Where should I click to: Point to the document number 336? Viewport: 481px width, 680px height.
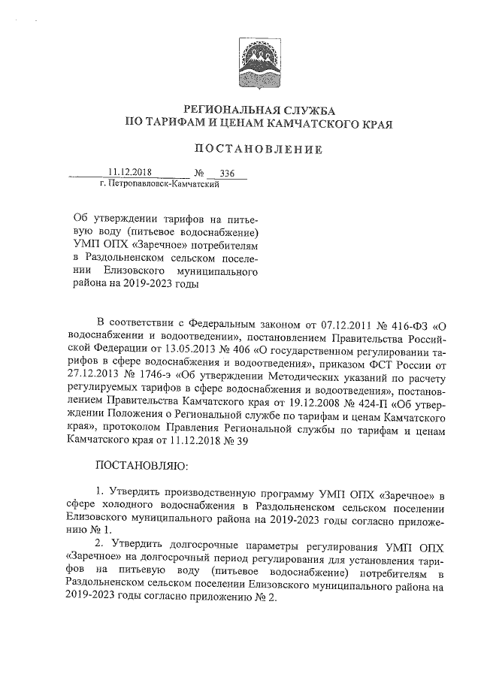228,174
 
